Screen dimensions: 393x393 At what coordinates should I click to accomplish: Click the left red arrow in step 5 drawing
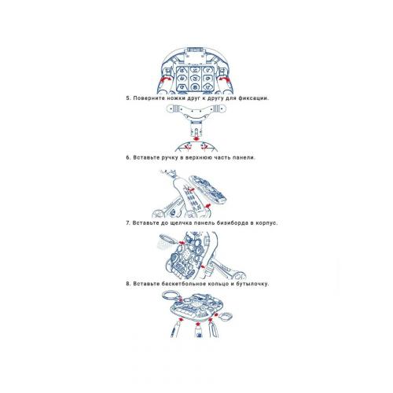165,79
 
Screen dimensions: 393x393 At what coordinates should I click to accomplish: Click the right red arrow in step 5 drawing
225,79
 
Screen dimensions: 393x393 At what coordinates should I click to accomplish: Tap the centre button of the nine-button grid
195,78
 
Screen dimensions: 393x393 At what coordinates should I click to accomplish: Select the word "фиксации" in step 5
254,98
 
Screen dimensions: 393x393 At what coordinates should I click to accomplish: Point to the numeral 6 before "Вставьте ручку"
128,158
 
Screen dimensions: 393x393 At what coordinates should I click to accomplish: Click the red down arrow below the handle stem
196,138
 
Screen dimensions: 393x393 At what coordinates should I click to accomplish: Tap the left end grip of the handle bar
172,108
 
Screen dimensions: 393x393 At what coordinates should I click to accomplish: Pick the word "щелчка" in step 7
180,223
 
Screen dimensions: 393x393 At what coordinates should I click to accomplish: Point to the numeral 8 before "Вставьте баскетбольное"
128,284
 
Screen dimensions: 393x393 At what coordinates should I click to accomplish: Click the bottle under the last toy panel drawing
198,332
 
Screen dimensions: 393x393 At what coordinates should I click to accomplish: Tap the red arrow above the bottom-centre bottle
198,324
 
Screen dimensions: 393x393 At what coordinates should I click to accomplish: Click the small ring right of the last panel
226,317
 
